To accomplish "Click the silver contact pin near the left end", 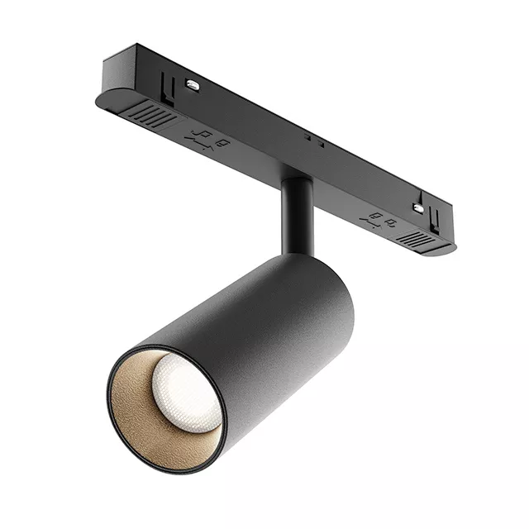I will coord(192,84).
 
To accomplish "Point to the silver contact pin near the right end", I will coord(418,208).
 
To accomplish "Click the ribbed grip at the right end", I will coord(417,239).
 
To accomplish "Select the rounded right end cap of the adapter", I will coord(450,245).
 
